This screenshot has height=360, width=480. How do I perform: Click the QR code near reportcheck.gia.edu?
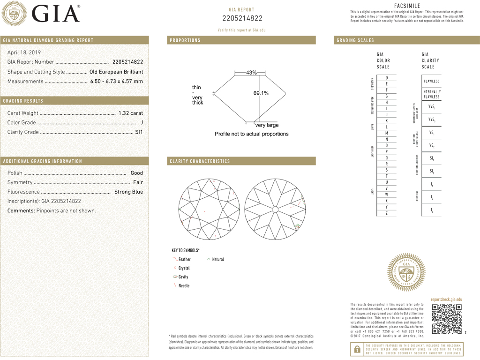[447, 319]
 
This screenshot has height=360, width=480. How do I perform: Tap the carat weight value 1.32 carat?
[131, 113]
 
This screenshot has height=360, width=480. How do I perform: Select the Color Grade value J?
[141, 123]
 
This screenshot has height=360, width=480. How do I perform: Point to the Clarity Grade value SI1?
[139, 132]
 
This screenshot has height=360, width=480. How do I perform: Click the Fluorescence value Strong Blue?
[128, 192]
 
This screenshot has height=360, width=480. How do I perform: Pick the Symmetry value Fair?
[138, 182]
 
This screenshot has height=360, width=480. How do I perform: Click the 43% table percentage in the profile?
[251, 73]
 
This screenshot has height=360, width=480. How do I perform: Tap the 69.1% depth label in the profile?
[261, 93]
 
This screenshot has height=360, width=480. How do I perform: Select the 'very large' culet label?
[267, 125]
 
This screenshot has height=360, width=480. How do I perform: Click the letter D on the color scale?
[386, 78]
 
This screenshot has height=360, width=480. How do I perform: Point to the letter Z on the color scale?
[386, 213]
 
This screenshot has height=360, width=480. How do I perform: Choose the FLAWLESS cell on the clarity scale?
[432, 81]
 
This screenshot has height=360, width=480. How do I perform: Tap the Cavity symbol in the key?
[175, 277]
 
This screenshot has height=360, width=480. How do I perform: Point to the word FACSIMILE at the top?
[407, 6]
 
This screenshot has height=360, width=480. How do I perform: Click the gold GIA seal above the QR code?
[406, 272]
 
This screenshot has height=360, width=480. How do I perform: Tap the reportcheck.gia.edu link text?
[446, 299]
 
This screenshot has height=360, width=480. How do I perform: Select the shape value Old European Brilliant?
[116, 72]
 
